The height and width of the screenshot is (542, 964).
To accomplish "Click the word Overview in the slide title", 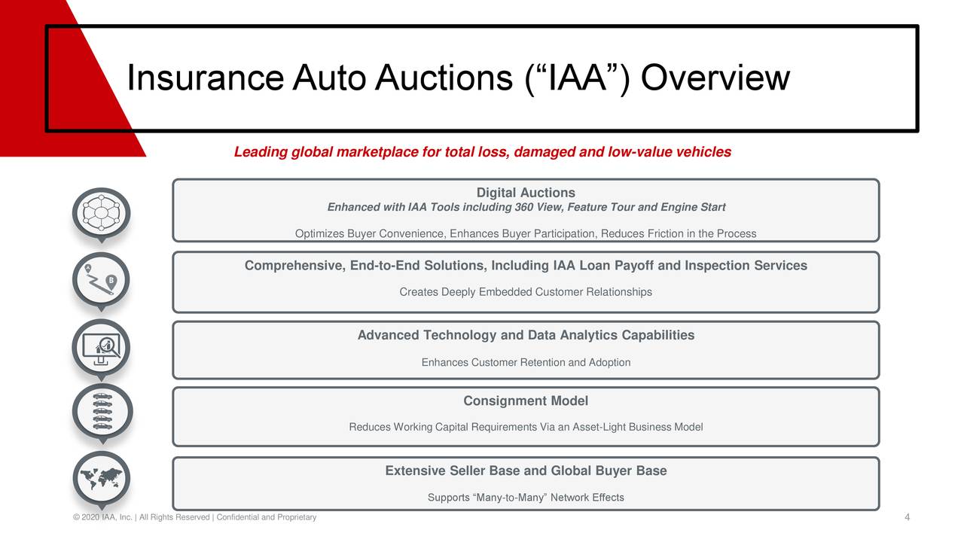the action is point(715,78).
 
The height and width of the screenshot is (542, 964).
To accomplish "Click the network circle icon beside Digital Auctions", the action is point(101,213).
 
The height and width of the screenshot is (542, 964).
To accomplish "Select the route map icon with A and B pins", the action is point(101,280).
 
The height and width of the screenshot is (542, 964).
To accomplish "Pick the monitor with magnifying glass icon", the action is point(101,348).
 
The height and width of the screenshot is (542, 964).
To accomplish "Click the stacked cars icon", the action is point(102,412).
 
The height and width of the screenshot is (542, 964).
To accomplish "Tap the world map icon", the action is point(102,478).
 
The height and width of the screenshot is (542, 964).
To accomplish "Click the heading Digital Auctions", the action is point(526,193).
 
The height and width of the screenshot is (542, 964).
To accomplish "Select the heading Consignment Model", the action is point(526,401).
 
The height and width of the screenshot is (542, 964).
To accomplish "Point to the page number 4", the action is point(908,517).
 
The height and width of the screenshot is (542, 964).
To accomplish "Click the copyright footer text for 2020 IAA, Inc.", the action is point(194,517).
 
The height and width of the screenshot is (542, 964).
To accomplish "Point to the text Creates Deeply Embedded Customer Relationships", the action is point(526,292).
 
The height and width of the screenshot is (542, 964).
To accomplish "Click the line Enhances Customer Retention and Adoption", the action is point(526,363).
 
